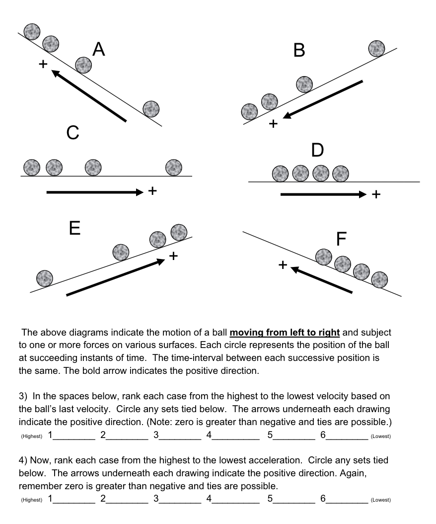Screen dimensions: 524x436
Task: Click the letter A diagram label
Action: [99, 49]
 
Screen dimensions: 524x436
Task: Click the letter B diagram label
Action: [299, 50]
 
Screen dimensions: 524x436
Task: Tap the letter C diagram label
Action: [73, 133]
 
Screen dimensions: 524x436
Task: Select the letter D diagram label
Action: [317, 150]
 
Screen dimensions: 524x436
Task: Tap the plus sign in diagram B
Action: [273, 124]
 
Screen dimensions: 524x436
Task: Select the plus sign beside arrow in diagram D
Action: [376, 194]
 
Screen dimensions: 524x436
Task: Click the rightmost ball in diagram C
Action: [173, 168]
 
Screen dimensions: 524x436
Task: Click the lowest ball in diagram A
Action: [151, 108]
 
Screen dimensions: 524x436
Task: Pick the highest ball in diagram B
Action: [376, 48]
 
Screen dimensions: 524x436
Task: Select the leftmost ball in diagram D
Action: [281, 174]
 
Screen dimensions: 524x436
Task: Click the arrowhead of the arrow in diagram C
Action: [139, 192]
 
